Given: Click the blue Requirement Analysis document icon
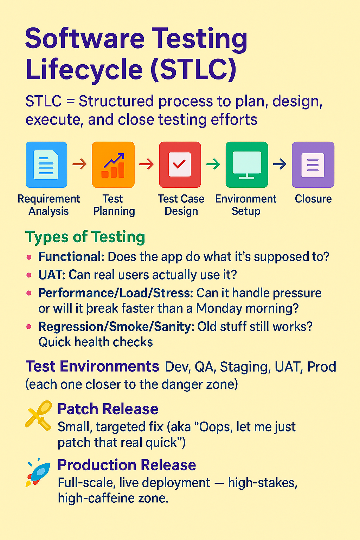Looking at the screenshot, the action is [46, 165].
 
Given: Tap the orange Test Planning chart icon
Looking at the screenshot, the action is [113, 165].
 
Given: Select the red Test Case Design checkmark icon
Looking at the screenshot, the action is [180, 165].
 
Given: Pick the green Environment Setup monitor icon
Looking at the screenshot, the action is [247, 165].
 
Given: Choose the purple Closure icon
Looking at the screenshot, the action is [313, 165].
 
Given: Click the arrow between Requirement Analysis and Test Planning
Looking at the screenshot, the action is [79, 164].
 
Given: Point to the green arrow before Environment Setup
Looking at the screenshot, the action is [213, 164].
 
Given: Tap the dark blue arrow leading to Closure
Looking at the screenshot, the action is [280, 164].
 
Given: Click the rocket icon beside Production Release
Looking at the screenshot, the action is [38, 472].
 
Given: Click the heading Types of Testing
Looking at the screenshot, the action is [85, 237].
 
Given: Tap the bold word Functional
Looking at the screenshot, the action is [71, 257].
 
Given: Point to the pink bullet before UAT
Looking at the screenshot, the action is [29, 275].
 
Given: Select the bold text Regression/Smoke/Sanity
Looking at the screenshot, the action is [116, 327].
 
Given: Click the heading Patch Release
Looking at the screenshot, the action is [108, 409].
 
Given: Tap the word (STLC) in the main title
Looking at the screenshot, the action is [193, 69].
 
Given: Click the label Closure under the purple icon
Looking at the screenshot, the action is [313, 199].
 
